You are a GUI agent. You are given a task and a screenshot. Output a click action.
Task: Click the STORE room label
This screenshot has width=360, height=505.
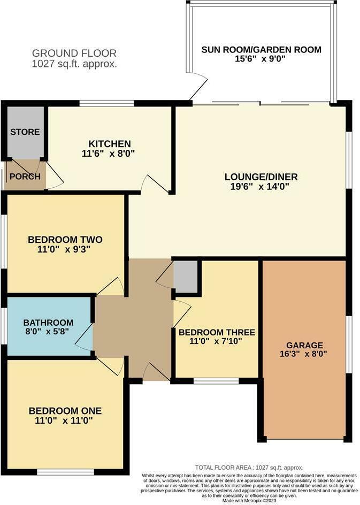[x=25, y=132]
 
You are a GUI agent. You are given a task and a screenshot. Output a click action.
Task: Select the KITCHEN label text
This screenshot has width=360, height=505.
[x=109, y=144]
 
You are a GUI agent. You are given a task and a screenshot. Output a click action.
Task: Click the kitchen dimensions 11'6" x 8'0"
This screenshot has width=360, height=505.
[x=109, y=153]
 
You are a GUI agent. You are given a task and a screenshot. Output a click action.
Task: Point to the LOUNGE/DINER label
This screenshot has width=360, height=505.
[x=261, y=177]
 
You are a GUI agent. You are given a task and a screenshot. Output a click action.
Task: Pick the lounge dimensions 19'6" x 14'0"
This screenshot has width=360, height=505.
[x=261, y=187]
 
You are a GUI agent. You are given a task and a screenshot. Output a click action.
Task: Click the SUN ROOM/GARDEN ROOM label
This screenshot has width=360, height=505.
[x=261, y=50]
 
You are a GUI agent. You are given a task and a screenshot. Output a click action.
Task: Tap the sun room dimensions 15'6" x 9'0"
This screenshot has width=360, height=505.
[x=261, y=59]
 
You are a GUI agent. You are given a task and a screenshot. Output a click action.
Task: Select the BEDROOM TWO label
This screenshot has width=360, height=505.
[x=65, y=239]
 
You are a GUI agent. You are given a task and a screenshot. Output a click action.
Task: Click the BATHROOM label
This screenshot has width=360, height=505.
[x=48, y=323]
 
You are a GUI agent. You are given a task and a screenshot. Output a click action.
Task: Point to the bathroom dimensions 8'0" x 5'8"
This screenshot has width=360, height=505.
[x=48, y=332]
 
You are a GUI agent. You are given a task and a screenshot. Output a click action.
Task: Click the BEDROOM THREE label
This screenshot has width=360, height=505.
[x=217, y=332]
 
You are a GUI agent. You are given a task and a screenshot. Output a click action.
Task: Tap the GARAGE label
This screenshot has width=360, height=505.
[x=304, y=345]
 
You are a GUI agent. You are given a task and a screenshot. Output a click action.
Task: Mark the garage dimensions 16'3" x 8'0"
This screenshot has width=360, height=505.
[x=304, y=354]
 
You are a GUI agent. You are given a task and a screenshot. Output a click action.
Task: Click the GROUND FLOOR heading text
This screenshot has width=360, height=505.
[x=74, y=53]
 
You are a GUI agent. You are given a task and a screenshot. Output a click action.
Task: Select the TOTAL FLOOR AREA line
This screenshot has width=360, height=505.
[x=249, y=467]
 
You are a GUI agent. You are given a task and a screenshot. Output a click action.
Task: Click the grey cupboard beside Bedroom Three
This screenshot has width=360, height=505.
[x=186, y=277]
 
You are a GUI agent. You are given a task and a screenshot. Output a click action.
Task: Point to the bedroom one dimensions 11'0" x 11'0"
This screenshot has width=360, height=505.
[x=65, y=420]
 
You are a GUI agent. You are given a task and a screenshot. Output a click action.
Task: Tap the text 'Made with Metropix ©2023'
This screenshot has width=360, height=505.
[x=249, y=500]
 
